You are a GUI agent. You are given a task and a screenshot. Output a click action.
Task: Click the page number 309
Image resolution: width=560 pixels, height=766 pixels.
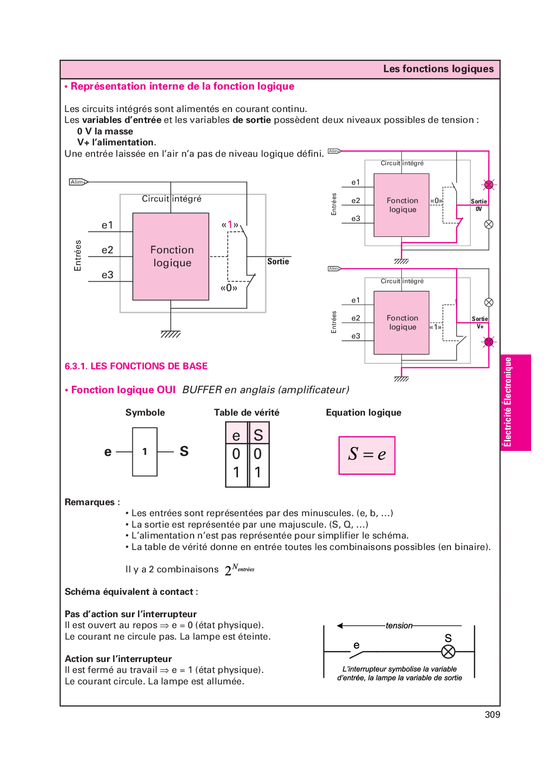click(x=492, y=715)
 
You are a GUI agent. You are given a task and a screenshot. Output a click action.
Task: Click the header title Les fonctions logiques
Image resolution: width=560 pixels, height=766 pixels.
click(x=438, y=69)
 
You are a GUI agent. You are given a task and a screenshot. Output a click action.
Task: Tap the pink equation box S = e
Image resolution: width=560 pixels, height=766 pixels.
click(x=367, y=455)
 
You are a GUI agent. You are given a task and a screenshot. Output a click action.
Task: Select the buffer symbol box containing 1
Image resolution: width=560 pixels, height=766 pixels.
click(x=145, y=451)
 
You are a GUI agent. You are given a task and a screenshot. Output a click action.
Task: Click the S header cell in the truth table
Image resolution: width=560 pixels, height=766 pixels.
click(x=258, y=435)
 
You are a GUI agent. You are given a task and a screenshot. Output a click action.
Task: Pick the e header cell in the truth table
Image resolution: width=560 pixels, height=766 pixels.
click(x=236, y=435)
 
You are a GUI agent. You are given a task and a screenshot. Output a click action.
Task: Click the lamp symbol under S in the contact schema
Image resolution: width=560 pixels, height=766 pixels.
click(x=448, y=652)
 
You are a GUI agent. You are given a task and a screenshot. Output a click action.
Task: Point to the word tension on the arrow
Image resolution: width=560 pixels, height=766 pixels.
click(x=399, y=626)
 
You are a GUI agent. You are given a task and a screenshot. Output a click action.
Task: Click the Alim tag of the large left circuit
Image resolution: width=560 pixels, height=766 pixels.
click(x=78, y=182)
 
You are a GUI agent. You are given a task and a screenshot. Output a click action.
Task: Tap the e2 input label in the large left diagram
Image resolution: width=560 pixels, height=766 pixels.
click(x=108, y=250)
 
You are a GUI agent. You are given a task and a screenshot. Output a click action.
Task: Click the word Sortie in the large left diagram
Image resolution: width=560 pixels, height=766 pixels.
click(x=278, y=261)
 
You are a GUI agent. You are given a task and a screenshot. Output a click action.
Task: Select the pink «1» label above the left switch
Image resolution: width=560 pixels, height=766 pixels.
click(x=230, y=224)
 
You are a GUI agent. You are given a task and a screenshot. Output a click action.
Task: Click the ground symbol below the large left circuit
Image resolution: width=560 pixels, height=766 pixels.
click(x=170, y=334)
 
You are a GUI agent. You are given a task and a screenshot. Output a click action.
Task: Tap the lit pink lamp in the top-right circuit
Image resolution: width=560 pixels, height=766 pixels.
click(x=489, y=185)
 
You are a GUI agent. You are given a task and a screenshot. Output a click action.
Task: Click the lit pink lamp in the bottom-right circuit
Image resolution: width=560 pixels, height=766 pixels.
click(x=489, y=342)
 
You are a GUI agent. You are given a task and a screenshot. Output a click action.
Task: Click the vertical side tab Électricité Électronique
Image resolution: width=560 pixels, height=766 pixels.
click(x=508, y=402)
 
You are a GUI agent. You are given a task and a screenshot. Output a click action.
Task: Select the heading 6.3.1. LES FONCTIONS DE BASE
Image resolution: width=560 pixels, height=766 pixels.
click(x=136, y=366)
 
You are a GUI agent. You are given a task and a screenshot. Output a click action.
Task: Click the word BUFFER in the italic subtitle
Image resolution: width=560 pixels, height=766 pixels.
click(x=202, y=390)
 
